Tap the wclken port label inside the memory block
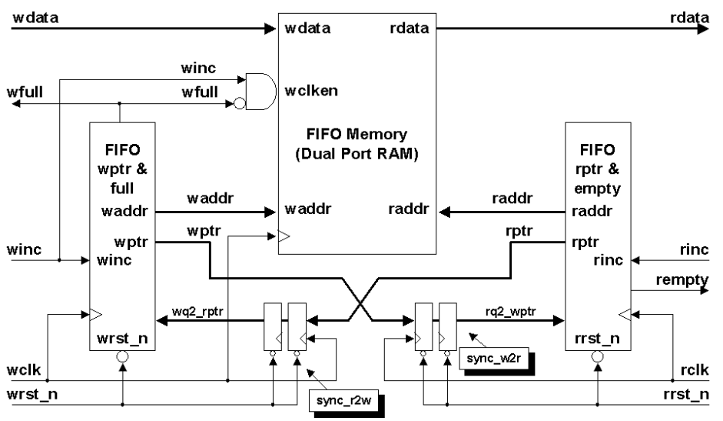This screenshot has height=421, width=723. (x=308, y=89)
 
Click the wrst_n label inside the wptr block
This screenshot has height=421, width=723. (x=122, y=339)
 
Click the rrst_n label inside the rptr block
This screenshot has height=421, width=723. (x=596, y=339)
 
